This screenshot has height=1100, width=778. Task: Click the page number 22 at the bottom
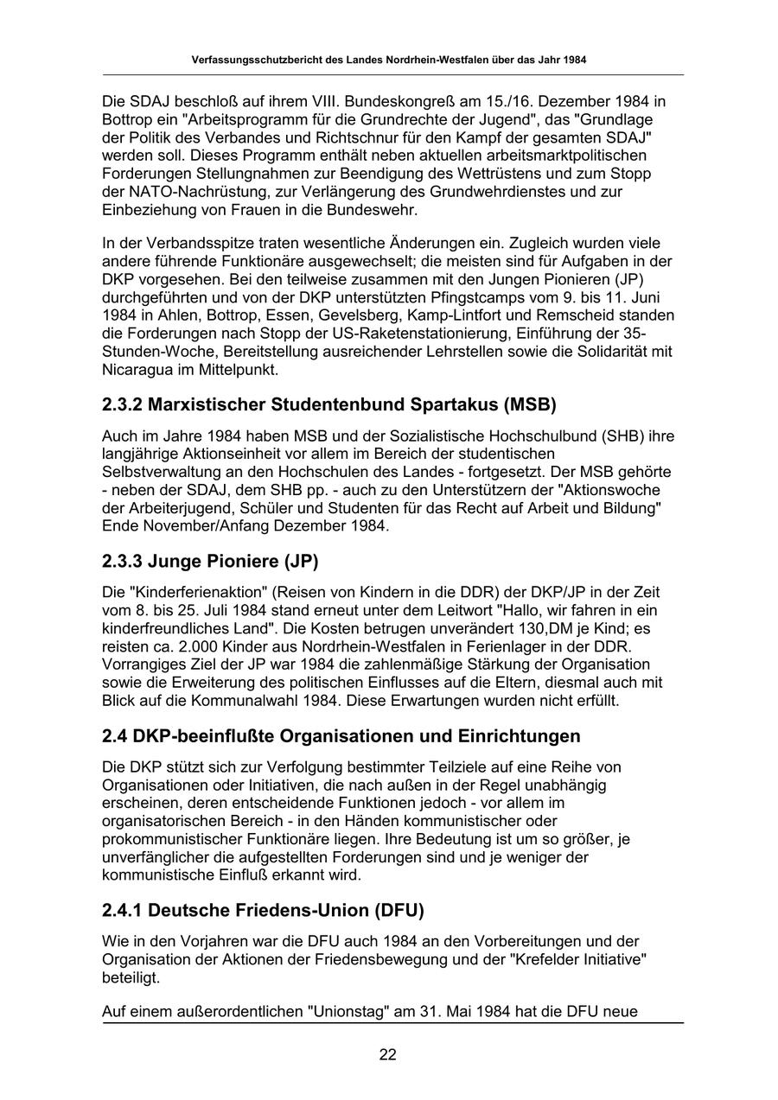coord(388,1053)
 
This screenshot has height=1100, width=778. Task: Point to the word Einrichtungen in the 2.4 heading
coord(523,736)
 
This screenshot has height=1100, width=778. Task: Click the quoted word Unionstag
coord(345,1011)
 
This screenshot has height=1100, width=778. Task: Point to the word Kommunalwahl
coord(289,700)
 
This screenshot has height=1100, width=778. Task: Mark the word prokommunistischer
coord(173,838)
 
